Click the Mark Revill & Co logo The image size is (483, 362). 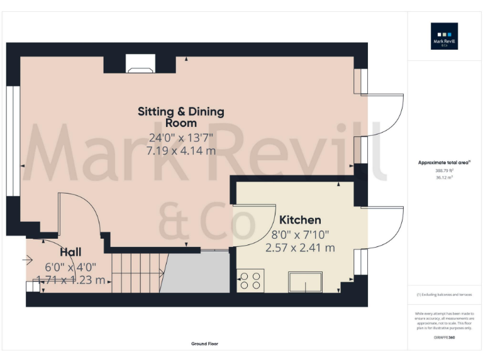444,36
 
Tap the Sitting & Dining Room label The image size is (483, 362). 181,117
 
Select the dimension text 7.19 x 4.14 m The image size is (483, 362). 181,151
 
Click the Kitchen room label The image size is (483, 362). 300,220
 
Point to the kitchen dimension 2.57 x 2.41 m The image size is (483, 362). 300,248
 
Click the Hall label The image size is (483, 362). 70,252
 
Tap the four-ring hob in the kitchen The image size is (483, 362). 250,280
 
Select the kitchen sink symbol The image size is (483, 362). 305,282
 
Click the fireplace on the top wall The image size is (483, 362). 140,63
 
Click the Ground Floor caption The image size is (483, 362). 204,344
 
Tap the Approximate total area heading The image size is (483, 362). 444,163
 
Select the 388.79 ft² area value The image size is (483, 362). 444,170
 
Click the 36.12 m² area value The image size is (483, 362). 444,177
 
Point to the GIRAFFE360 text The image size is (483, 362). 444,338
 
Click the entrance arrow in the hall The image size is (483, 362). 28,259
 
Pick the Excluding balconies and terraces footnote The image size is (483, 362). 444,295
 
